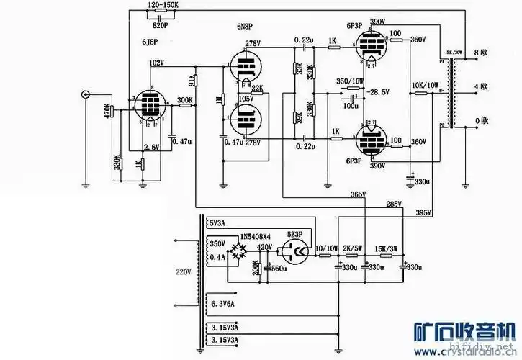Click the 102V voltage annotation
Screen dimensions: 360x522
(156, 63)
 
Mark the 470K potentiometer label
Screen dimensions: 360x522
(108, 112)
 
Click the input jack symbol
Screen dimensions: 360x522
(86, 94)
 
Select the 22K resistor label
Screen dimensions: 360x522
(257, 88)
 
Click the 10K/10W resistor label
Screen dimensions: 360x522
(424, 85)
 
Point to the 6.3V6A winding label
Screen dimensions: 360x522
(223, 303)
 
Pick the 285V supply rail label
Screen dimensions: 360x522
(393, 204)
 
